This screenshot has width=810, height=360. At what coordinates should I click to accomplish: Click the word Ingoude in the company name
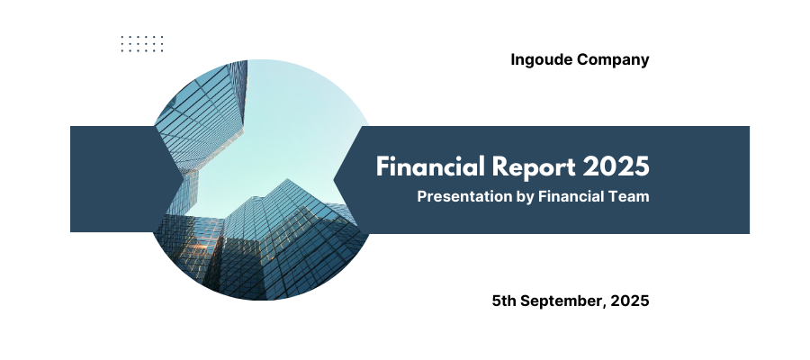tap(542, 60)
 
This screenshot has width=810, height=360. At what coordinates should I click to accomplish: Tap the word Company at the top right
tap(613, 60)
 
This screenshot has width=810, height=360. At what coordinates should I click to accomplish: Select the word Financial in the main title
tap(430, 166)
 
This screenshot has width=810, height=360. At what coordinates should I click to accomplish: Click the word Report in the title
tap(533, 167)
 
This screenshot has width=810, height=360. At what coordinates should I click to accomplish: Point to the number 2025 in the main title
tap(616, 166)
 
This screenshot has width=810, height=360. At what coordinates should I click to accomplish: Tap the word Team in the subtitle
tap(631, 197)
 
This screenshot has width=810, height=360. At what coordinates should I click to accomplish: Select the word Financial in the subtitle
tap(573, 197)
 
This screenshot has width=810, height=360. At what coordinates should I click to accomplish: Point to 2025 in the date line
tap(630, 301)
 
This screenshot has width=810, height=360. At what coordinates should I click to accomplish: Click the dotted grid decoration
tap(142, 44)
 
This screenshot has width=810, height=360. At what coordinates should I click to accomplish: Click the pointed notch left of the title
tap(336, 180)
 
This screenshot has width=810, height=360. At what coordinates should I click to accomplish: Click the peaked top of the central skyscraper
tap(288, 181)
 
